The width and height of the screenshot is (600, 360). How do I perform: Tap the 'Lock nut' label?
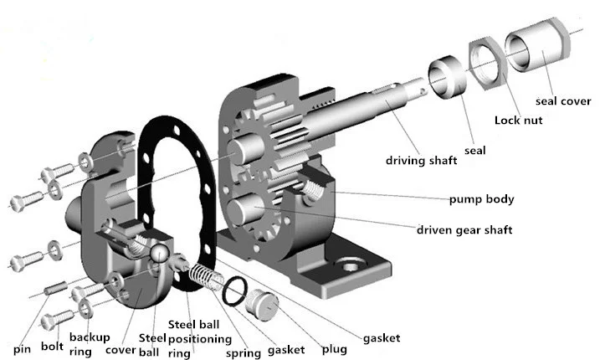[518, 120]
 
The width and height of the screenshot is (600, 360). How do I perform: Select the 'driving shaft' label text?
[422, 159]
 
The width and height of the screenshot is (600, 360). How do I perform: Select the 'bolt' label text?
[52, 347]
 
